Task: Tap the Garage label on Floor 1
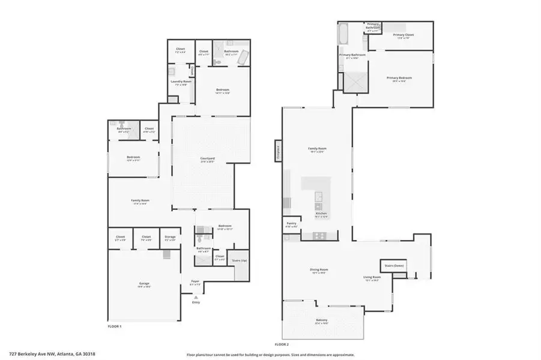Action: coord(144,283)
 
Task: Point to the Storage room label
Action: coord(170,237)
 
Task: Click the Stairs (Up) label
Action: coord(239,260)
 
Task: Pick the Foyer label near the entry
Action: coord(195,281)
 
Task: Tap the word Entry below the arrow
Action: coord(195,302)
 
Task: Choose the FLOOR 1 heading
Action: coord(113,326)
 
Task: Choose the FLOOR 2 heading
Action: coord(282,344)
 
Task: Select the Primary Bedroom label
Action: coord(399,78)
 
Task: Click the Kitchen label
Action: coord(321,214)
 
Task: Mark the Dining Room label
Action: coord(319,269)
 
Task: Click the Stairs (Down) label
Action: coord(392,265)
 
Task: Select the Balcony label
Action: coord(322,320)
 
